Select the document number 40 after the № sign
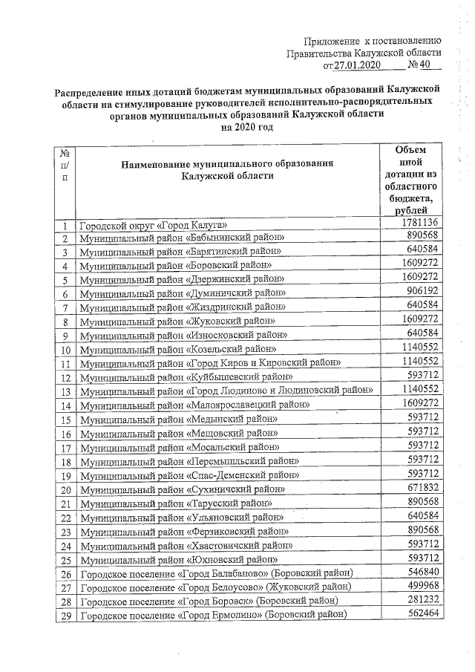pyautogui.click(x=425, y=65)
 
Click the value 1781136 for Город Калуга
pyautogui.click(x=421, y=224)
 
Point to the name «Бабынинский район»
pyautogui.click(x=183, y=238)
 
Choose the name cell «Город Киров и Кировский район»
pyautogui.click(x=211, y=362)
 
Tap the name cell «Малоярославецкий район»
pyautogui.click(x=195, y=405)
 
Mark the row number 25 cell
pyautogui.click(x=65, y=559)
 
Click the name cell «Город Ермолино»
pyautogui.click(x=214, y=615)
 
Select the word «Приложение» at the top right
pyautogui.click(x=331, y=40)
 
